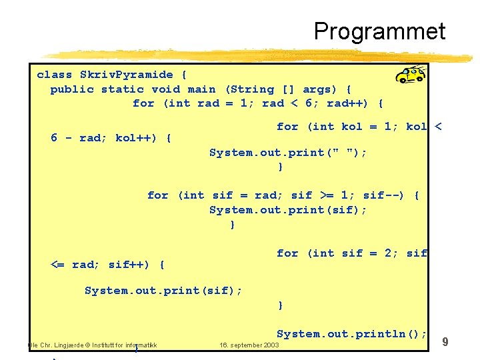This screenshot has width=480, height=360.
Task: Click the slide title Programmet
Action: tap(379, 31)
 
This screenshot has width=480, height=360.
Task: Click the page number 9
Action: tap(445, 342)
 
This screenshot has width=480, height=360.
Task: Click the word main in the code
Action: tap(201, 89)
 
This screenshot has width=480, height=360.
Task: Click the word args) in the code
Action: tap(321, 89)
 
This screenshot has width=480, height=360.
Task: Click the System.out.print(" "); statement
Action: tap(288, 153)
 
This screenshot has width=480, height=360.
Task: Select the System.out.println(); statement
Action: tap(351, 333)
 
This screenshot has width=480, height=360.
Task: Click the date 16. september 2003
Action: tap(249, 345)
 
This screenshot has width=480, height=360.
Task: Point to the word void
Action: tap(165, 89)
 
